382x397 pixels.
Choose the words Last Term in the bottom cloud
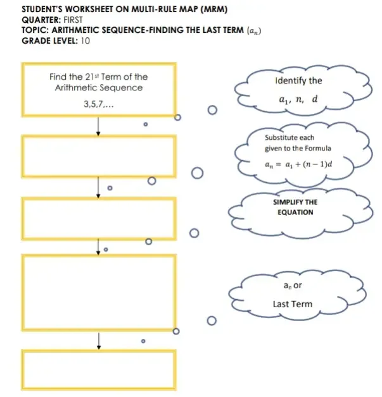pyautogui.click(x=292, y=304)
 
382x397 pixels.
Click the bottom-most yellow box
pyautogui.click(x=99, y=369)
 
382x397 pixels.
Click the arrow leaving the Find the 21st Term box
pyautogui.click(x=98, y=127)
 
